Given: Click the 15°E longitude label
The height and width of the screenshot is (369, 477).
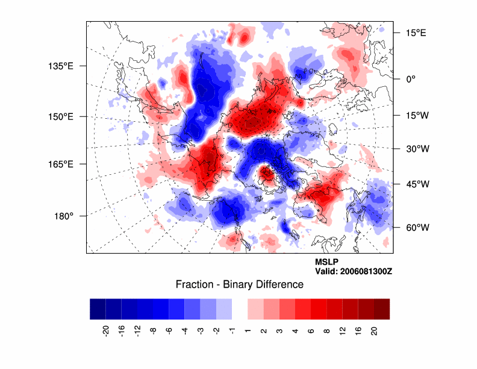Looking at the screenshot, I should [x=416, y=33].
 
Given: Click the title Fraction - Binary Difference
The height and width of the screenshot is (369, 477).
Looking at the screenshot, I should [x=239, y=284].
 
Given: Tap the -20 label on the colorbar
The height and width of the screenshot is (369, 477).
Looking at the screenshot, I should [x=106, y=330].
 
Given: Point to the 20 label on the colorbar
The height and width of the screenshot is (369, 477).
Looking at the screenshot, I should [x=373, y=330].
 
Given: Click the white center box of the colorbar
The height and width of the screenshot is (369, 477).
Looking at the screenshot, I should [x=239, y=309].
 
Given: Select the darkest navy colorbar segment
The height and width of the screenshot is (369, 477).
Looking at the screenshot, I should [x=98, y=309].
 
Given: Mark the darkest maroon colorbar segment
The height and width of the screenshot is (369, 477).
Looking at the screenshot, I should [x=381, y=309].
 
